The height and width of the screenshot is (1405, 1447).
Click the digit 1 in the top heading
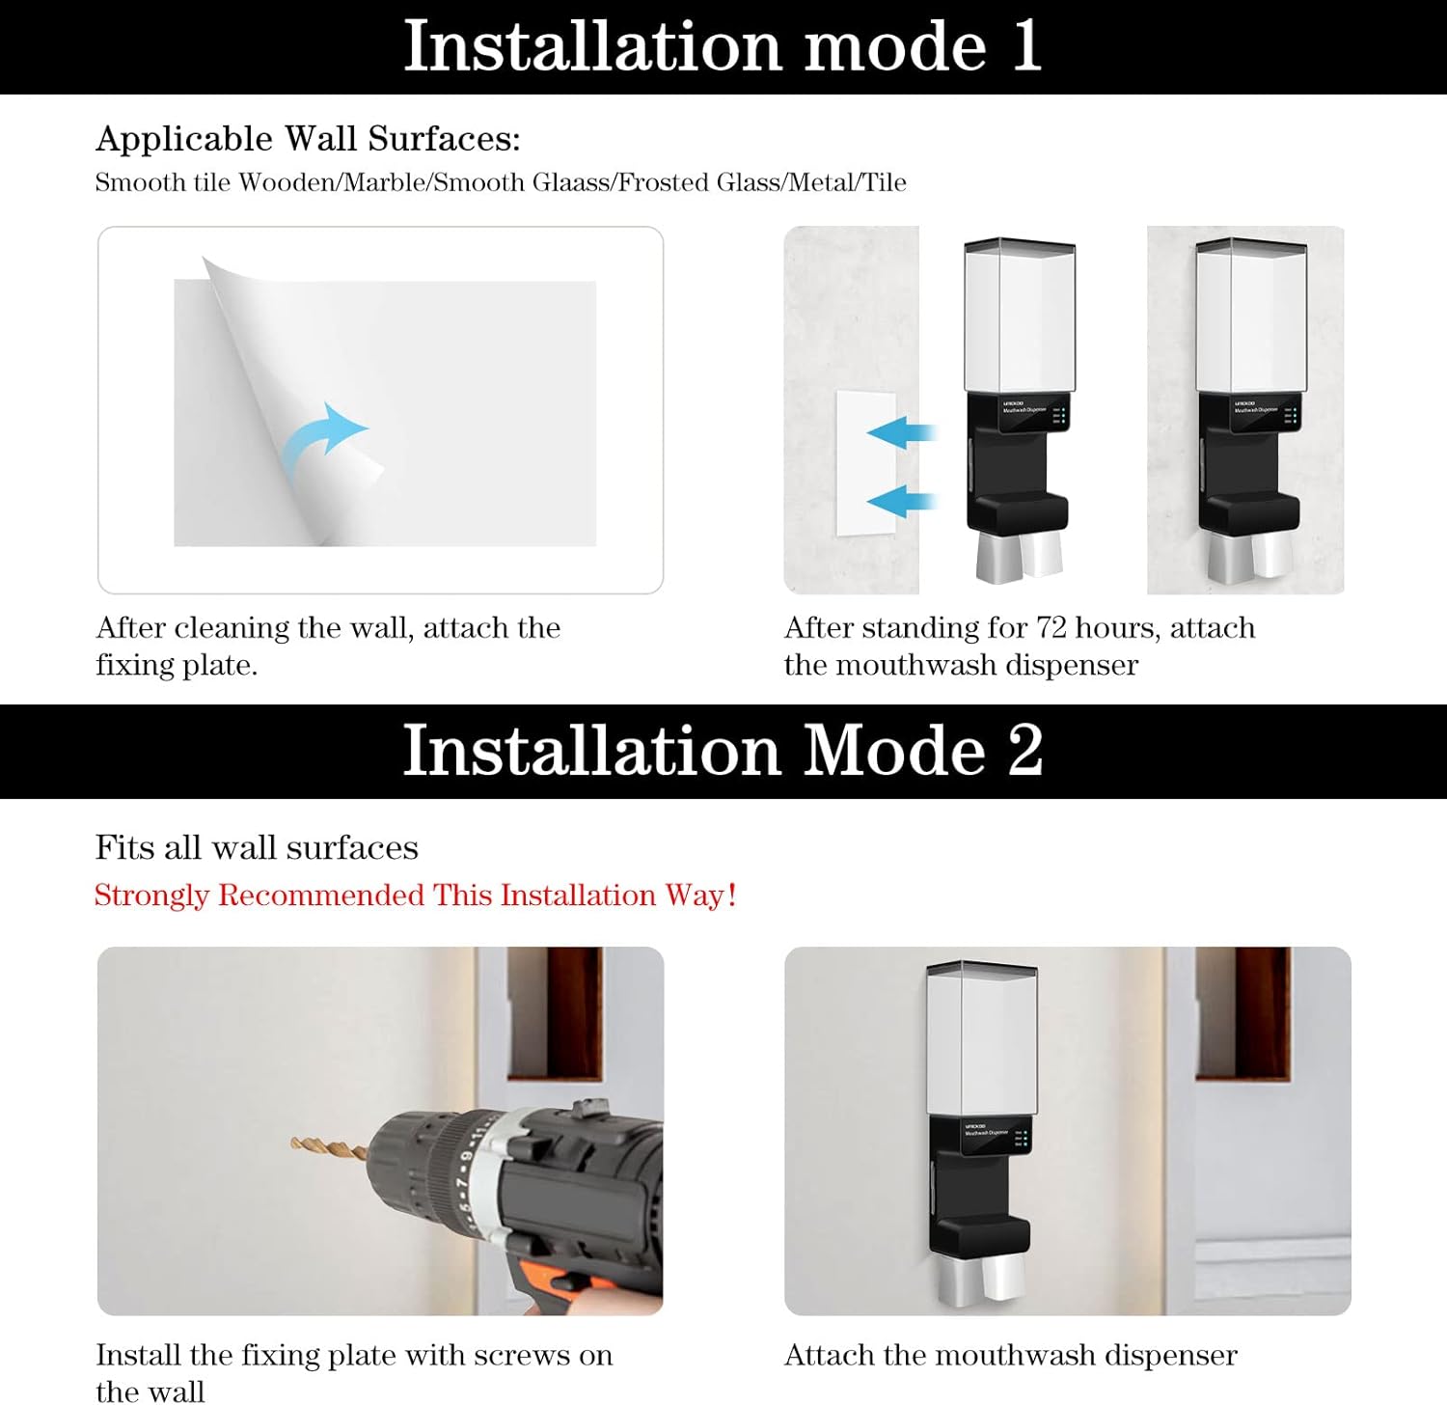pyautogui.click(x=1026, y=46)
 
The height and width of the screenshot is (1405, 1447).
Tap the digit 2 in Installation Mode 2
pyautogui.click(x=1025, y=751)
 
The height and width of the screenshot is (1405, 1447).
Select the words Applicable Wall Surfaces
pyautogui.click(x=308, y=139)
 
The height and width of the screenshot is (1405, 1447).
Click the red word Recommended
pyautogui.click(x=321, y=895)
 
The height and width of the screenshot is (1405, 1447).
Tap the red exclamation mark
pyautogui.click(x=732, y=895)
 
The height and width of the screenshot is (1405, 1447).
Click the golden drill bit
pyautogui.click(x=328, y=1148)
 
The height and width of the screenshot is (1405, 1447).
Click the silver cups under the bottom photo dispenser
pyautogui.click(x=982, y=1279)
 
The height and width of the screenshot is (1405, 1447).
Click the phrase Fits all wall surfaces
pyautogui.click(x=257, y=847)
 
